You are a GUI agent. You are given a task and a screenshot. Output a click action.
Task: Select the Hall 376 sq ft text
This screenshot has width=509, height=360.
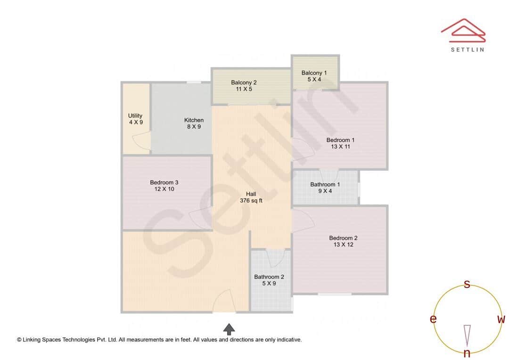tap(251, 197)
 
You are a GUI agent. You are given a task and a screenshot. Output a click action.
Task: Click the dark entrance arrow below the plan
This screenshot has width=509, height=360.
tap(229, 329)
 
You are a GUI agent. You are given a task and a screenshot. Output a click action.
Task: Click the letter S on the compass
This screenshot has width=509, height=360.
tap(467, 284)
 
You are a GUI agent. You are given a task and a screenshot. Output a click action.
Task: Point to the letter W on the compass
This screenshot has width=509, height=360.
tap(501, 319)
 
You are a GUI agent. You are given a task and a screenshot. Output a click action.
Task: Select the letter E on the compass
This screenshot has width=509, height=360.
tap(433, 319)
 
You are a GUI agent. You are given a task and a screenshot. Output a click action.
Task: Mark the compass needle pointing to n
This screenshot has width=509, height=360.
tap(467, 335)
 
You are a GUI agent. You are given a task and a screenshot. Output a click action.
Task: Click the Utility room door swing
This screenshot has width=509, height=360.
tap(142, 141)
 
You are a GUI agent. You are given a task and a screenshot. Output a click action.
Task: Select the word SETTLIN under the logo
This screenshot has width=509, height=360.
tap(467, 49)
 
